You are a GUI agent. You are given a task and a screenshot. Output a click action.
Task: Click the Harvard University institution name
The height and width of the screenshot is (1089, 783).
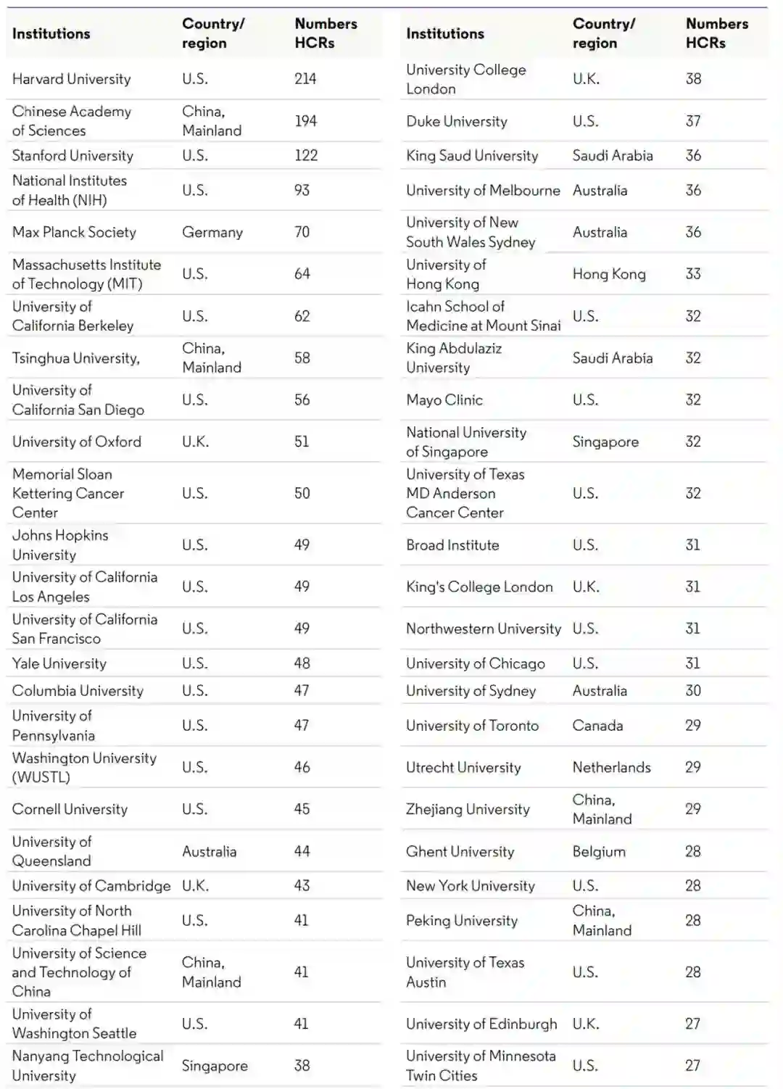(71, 79)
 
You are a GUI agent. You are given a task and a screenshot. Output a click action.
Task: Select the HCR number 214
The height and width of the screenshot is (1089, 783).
(305, 79)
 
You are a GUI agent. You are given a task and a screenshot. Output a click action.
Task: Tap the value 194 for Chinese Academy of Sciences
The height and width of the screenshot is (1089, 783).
(305, 121)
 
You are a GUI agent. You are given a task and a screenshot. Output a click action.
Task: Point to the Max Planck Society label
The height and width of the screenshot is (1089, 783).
(74, 232)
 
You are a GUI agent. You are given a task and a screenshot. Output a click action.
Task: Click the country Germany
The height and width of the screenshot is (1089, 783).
(212, 232)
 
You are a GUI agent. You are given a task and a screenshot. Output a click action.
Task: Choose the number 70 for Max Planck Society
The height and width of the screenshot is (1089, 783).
(302, 232)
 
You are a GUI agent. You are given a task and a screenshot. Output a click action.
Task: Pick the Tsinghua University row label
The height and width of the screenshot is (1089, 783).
(75, 358)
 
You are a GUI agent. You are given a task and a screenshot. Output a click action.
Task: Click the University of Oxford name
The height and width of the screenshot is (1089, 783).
(76, 442)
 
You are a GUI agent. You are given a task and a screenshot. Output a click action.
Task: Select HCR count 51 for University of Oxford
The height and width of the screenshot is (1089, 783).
(302, 442)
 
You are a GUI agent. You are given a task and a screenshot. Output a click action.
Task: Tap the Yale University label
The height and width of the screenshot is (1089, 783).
(59, 663)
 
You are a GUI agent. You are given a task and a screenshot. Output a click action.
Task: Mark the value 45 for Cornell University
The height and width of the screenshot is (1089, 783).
(302, 809)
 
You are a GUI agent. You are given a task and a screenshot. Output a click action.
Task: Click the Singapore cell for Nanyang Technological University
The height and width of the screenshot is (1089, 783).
(215, 1066)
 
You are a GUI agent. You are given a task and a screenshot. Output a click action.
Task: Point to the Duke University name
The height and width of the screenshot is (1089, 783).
(456, 121)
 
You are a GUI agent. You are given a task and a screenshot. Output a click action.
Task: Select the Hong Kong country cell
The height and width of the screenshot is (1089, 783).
(608, 274)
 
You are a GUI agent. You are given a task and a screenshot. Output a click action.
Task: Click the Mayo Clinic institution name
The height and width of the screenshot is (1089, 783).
(444, 399)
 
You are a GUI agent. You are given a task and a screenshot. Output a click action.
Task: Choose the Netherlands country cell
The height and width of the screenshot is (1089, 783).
(611, 767)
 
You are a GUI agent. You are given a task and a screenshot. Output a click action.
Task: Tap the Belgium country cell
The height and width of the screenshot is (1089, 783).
(598, 851)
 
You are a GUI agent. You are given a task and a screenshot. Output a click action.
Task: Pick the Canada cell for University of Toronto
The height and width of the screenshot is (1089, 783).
(597, 725)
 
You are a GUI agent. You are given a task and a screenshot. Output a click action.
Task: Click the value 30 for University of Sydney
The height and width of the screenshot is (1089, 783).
(693, 690)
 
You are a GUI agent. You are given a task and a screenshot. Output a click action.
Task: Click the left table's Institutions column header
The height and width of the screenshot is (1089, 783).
(51, 33)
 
